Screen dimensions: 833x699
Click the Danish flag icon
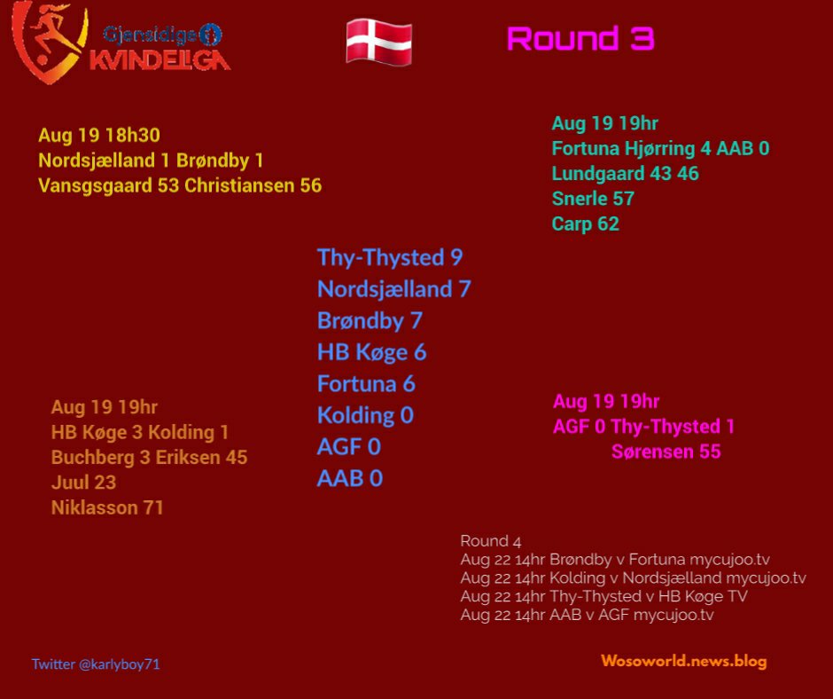tap(378, 42)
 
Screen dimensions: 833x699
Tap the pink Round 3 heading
tap(580, 39)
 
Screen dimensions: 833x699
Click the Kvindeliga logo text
tap(160, 59)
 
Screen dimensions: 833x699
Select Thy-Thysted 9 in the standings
tap(390, 257)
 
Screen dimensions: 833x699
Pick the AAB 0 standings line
tap(349, 478)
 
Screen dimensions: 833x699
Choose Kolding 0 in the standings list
tap(365, 415)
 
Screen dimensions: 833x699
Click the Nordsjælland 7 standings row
tap(394, 289)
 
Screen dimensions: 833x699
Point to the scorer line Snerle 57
tap(593, 199)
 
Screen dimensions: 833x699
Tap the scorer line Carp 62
tap(586, 224)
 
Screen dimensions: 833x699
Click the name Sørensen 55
tap(666, 452)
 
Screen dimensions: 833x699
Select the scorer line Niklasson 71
tap(106, 507)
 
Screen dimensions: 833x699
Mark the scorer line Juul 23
tap(83, 483)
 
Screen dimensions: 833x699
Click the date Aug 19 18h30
tap(99, 135)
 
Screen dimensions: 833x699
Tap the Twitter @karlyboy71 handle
tap(96, 664)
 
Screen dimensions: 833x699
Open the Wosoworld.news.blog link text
tap(684, 661)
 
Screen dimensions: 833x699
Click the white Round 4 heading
tap(490, 541)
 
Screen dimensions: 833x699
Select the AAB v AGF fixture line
tap(587, 615)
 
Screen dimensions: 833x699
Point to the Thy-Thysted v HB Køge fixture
tap(603, 596)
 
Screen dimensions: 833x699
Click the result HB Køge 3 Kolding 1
tap(140, 432)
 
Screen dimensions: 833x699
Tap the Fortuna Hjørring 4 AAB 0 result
tap(660, 148)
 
